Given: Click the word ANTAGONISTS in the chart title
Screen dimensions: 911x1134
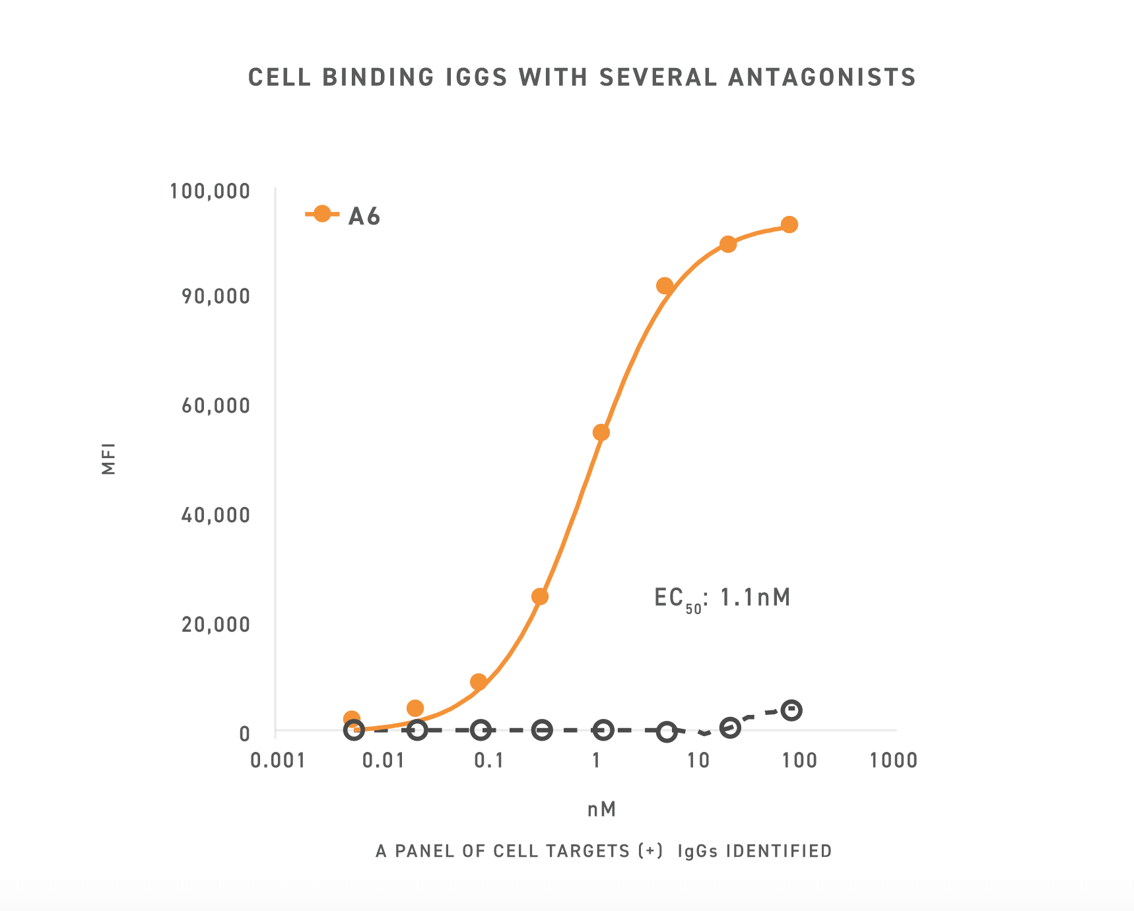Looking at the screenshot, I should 822,77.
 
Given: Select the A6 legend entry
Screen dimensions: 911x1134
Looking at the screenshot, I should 343,215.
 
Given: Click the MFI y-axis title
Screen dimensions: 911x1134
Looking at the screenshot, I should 109,458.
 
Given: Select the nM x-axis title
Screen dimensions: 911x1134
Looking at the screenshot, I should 601,809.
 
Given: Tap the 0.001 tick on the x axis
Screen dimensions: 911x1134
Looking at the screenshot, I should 278,760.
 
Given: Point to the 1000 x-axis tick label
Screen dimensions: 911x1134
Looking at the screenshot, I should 894,760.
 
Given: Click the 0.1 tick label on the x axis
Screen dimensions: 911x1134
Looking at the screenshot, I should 489,760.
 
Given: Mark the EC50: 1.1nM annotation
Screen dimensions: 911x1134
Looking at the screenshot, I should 722,598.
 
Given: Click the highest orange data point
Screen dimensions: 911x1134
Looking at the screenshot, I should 789,225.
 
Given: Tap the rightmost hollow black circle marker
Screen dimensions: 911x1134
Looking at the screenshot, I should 791,710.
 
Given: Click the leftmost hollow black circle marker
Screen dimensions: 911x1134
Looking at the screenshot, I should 354,729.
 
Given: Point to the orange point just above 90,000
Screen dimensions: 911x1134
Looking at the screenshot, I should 665,286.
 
